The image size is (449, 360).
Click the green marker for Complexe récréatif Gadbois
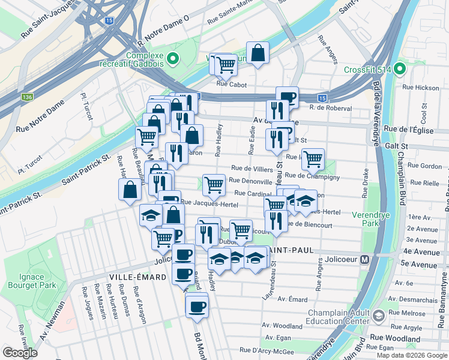[x=173, y=58]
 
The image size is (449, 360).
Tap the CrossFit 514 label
[x=367, y=70]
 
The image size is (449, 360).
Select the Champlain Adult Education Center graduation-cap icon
[x=379, y=316]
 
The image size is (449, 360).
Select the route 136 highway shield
[x=26, y=97]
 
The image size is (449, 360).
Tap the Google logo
[x=20, y=352]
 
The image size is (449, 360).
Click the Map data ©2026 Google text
[x=411, y=355]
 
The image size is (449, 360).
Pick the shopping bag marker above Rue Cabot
[x=258, y=53]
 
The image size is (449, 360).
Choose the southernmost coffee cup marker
[x=196, y=307]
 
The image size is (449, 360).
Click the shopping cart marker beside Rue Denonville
[x=213, y=185]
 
